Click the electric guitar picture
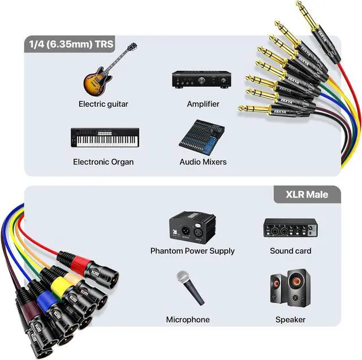coord(102,76)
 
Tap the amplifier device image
coord(201,80)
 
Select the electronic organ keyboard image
coord(105,137)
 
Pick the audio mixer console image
coord(201,137)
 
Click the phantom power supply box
coord(192,227)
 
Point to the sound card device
coord(290,228)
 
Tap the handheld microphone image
coord(190,288)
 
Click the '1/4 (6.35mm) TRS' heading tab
coord(70,44)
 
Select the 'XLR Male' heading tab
coord(307,194)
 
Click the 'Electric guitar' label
coord(103,104)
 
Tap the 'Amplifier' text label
coord(203,104)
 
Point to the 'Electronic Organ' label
coord(103,162)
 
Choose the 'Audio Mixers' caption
coord(203,162)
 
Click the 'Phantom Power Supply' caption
coord(192,251)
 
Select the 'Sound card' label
coord(290,251)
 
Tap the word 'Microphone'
coord(188,320)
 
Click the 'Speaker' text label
coord(290,320)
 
